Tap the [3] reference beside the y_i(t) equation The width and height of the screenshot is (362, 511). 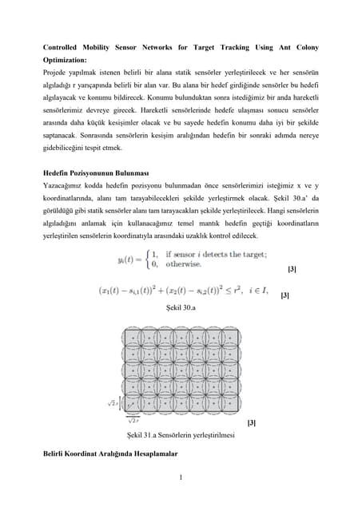(291, 270)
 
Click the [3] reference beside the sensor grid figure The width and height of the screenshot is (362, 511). (253, 421)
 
